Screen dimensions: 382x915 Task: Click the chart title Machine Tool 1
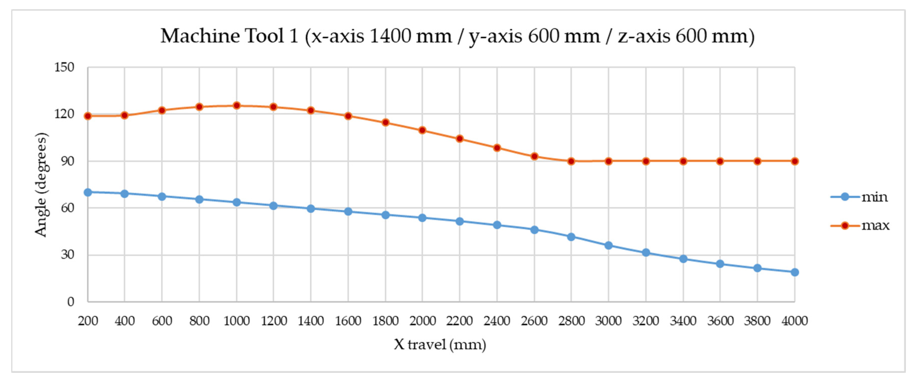[x=457, y=36]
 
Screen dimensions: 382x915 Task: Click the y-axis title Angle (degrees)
[x=41, y=184]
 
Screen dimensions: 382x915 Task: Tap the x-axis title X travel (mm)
[x=440, y=344]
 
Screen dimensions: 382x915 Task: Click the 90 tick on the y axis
[x=67, y=161]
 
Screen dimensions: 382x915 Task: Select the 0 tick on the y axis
[x=71, y=302]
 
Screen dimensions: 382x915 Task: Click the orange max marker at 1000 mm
[x=237, y=105]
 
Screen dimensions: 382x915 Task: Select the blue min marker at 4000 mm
[x=795, y=272]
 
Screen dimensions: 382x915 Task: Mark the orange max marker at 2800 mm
[x=571, y=161]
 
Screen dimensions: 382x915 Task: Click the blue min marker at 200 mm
[x=88, y=192]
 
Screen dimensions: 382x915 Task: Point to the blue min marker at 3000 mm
[x=608, y=245]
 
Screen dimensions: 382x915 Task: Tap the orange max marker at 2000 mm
[x=422, y=130]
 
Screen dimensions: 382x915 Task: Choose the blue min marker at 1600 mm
[x=348, y=211]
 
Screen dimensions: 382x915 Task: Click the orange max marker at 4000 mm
[x=795, y=161]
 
